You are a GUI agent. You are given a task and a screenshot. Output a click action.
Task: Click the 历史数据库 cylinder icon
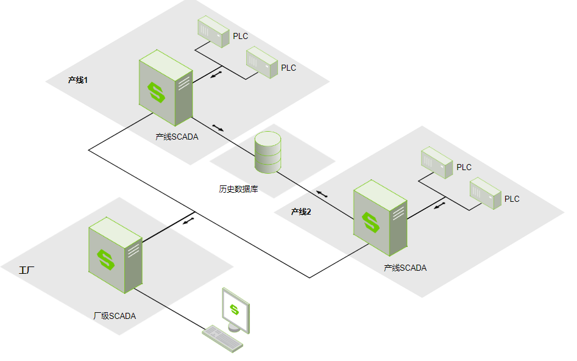pos(267,152)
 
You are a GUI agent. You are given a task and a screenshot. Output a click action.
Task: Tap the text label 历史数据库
pos(238,189)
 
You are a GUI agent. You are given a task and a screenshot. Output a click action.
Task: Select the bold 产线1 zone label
pos(78,80)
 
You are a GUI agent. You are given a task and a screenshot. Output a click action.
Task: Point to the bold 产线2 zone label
pos(301,212)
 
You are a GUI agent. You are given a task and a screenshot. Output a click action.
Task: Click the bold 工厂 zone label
pos(27,269)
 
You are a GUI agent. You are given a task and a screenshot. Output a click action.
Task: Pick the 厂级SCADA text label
pos(115,316)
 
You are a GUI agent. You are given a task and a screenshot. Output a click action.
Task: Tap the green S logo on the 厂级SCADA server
pos(107,259)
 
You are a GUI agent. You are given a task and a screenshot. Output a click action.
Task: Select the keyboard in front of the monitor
pos(222,337)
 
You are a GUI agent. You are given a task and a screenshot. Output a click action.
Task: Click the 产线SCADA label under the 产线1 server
pos(177,137)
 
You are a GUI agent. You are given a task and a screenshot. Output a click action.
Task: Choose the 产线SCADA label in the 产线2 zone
pos(405,268)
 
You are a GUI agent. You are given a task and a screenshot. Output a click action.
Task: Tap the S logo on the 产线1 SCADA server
pos(157,93)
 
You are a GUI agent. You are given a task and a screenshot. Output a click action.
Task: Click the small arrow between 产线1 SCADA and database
pos(218,128)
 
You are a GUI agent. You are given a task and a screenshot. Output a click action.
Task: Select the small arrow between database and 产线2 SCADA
pos(322,195)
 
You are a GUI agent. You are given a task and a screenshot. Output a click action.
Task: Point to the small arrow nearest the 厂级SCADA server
pos(189,220)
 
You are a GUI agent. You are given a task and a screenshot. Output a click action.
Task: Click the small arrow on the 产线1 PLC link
pos(216,74)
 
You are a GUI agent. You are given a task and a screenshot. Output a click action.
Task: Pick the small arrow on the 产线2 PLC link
pos(439,206)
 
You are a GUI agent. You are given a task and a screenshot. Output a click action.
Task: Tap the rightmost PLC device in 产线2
pos(485,193)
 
